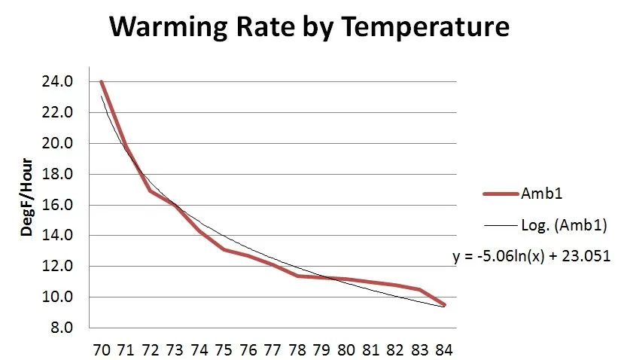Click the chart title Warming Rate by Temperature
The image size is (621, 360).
click(x=309, y=28)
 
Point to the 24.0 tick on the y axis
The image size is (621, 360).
click(x=58, y=82)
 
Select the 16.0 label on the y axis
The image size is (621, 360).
click(x=58, y=205)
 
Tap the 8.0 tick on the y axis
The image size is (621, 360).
click(x=61, y=328)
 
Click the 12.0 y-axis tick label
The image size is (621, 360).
click(x=58, y=266)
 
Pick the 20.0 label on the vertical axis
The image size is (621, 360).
click(x=58, y=143)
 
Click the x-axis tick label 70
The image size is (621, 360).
click(x=101, y=350)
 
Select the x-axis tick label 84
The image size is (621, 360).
click(x=443, y=350)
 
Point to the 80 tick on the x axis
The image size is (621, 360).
click(x=346, y=350)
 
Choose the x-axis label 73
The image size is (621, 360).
click(x=175, y=350)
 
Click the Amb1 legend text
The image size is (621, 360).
click(x=538, y=194)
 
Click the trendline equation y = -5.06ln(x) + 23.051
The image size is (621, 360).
click(x=531, y=256)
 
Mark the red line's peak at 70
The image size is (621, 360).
click(x=101, y=82)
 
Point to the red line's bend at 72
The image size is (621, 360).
click(x=150, y=191)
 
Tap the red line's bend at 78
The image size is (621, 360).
click(x=297, y=276)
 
